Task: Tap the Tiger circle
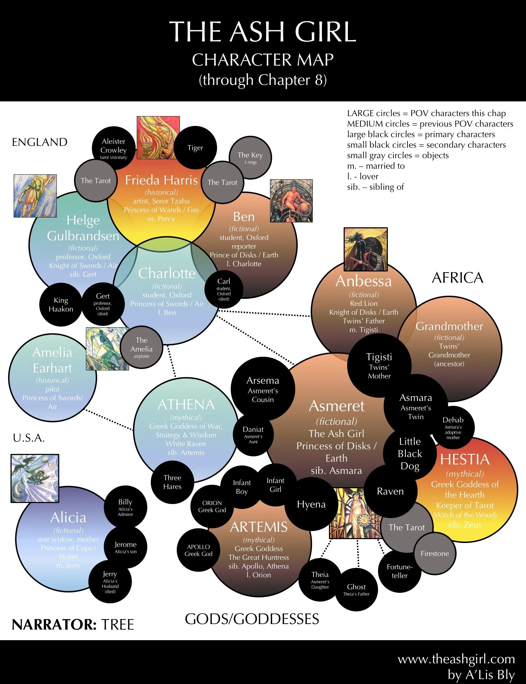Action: point(195,148)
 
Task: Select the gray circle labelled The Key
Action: point(250,157)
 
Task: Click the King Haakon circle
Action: point(61,304)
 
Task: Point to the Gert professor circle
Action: point(103,304)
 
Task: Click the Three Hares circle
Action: point(172,482)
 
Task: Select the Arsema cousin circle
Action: point(263,389)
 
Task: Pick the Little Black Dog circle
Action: point(410,453)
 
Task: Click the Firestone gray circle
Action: point(434,554)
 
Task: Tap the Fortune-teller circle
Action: point(399,571)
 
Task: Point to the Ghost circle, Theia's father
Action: point(356,589)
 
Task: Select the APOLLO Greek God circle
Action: point(198,550)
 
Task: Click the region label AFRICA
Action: point(457,278)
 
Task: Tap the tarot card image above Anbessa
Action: point(365,249)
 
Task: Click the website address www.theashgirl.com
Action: point(456,659)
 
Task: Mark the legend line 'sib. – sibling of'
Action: point(375,187)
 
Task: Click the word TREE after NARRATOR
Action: point(117,625)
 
